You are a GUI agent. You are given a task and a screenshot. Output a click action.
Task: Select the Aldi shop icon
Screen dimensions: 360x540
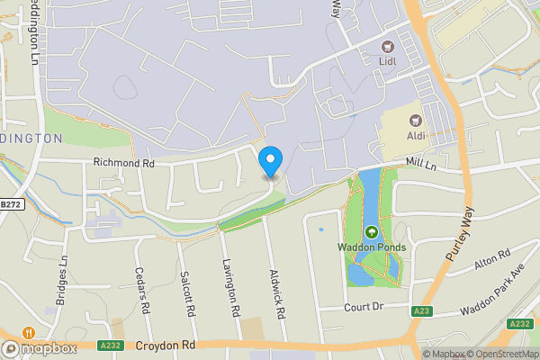[x=416, y=120]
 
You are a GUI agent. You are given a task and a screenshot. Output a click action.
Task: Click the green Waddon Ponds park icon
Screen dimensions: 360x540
[x=372, y=231]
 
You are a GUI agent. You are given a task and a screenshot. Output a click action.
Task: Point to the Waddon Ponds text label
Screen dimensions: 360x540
[x=373, y=247]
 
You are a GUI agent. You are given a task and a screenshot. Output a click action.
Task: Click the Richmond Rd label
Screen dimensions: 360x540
[x=123, y=164]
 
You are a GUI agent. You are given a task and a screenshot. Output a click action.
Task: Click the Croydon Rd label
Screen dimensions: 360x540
[x=166, y=345]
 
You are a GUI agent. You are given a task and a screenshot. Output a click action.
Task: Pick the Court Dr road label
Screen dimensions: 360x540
[x=364, y=307]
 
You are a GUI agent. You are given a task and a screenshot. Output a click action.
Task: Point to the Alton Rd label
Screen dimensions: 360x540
[x=492, y=258]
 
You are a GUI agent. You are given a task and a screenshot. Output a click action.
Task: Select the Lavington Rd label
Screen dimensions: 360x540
[x=231, y=287]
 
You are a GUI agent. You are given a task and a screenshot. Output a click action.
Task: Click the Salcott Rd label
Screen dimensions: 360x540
[x=187, y=295]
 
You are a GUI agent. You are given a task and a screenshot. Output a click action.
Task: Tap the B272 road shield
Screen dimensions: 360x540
[x=11, y=205]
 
